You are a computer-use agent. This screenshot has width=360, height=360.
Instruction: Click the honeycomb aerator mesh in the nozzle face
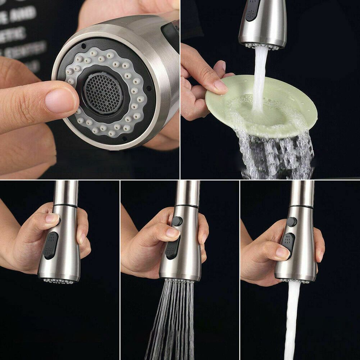click(103, 93)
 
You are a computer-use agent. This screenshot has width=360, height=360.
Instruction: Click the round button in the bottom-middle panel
click(177, 221)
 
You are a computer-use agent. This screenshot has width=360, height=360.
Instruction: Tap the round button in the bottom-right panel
click(292, 222)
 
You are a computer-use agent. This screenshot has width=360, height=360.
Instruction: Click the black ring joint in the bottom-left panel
click(65, 206)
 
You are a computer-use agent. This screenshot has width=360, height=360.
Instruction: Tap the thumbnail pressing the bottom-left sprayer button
click(52, 218)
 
